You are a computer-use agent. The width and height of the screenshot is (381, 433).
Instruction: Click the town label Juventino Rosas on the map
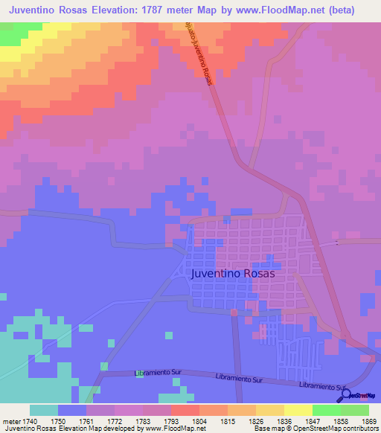coord(233,273)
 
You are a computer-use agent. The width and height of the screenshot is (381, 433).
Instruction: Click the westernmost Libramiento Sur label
coord(159,372)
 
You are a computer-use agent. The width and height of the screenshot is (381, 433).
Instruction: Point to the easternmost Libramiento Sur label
coord(322,386)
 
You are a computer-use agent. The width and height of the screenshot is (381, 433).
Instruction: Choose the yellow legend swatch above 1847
coord(298,410)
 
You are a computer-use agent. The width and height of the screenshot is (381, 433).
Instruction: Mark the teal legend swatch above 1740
coord(44,410)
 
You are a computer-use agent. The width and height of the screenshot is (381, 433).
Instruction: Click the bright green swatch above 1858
coord(326,410)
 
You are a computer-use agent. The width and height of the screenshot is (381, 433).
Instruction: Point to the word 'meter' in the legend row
coord(10,421)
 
